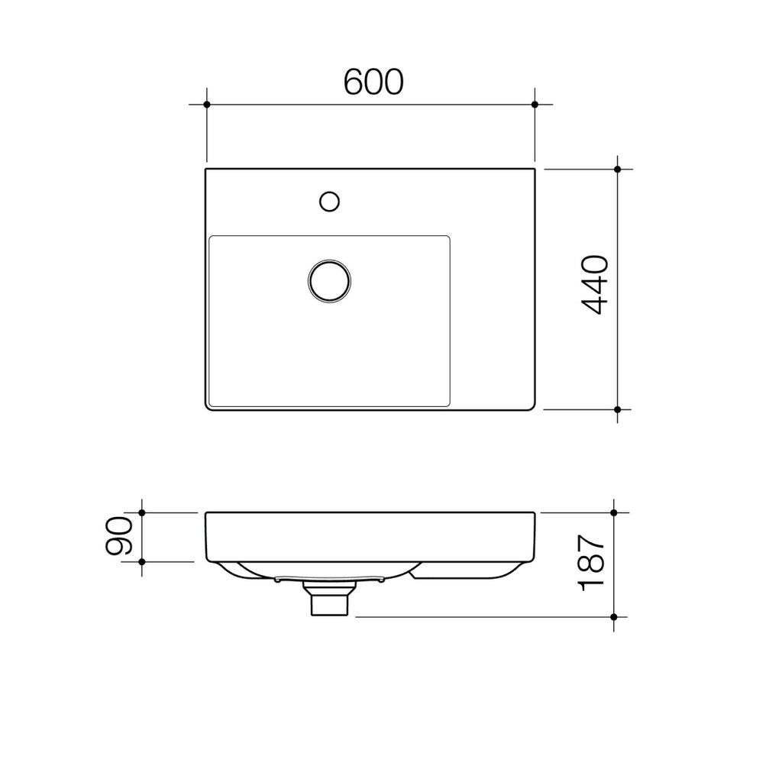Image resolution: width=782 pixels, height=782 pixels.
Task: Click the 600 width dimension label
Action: click(373, 82)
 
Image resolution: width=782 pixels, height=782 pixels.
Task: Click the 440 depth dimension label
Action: click(594, 285)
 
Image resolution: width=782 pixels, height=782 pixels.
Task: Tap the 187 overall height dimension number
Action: click(593, 564)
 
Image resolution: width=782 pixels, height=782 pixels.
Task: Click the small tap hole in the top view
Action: click(329, 201)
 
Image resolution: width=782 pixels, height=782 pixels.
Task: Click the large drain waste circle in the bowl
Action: click(330, 280)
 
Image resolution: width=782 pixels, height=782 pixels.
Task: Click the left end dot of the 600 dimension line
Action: click(206, 104)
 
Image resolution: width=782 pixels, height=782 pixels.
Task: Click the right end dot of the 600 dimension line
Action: click(535, 104)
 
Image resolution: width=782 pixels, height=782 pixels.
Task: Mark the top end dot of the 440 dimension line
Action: click(618, 169)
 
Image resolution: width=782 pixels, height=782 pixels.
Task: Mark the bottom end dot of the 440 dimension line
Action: click(618, 409)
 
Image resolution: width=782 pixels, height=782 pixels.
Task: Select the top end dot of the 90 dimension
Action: click(142, 512)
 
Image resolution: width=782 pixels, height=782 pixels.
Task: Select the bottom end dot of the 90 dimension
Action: click(142, 561)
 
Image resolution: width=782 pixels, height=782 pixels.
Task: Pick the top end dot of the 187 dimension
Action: click(615, 512)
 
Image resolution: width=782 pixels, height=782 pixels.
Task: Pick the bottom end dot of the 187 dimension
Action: click(615, 616)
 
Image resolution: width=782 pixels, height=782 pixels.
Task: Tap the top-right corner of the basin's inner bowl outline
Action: click(448, 238)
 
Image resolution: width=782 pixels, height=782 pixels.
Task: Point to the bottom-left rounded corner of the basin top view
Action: click(208, 407)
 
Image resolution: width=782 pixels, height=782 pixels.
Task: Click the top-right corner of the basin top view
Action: click(534, 170)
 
